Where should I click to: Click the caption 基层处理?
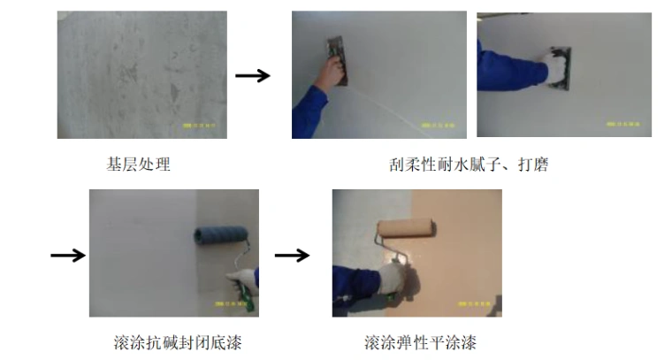pos(138,164)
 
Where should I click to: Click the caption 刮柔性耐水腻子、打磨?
pos(468,164)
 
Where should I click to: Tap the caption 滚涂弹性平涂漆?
pos(420,341)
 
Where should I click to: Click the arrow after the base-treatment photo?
pos(253,76)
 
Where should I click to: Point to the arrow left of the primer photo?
pos(67,256)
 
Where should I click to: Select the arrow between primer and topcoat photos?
pos(292,256)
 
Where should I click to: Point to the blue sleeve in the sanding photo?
pos(500,71)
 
